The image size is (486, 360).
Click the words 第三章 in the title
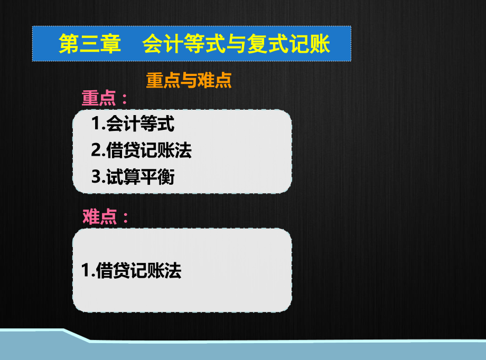90,44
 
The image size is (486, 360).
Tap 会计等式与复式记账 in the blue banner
236,44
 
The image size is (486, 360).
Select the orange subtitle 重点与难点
189,80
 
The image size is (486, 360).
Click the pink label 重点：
105,98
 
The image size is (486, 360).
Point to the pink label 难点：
105,216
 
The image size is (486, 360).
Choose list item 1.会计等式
133,124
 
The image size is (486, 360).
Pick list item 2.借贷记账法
142,150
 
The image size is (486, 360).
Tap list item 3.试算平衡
133,177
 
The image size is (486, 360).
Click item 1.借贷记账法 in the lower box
131,270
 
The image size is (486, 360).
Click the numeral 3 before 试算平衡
96,177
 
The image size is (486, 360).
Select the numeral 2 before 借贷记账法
96,150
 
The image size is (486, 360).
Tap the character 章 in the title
110,44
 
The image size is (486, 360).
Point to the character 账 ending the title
320,44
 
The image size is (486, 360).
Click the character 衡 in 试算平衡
166,177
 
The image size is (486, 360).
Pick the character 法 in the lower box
173,270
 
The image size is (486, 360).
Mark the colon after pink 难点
125,217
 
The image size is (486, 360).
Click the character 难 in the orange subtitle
206,80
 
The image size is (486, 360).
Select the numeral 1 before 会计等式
96,123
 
